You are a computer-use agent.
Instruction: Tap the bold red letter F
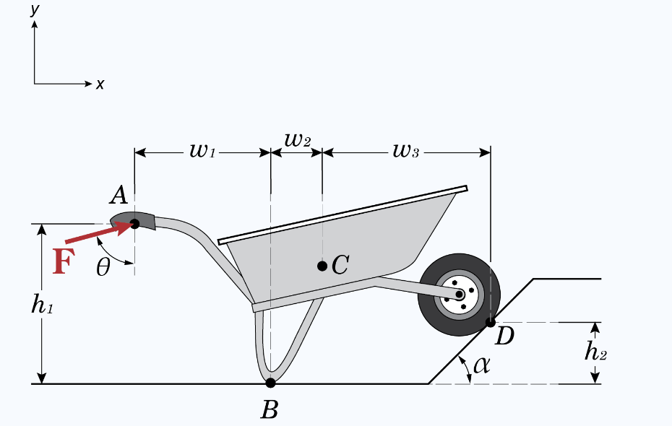pyautogui.click(x=63, y=262)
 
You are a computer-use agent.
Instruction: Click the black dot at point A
pyautogui.click(x=134, y=224)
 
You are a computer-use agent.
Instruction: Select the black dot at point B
pyautogui.click(x=270, y=383)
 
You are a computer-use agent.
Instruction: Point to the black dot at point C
pyautogui.click(x=322, y=266)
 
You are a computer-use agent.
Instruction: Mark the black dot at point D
pyautogui.click(x=491, y=322)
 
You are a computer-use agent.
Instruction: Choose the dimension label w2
pyautogui.click(x=297, y=140)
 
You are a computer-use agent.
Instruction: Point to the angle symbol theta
pyautogui.click(x=103, y=268)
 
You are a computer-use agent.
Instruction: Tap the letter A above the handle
pyautogui.click(x=119, y=194)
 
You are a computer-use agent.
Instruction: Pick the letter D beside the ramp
pyautogui.click(x=504, y=336)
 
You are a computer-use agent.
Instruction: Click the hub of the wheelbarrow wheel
pyautogui.click(x=460, y=295)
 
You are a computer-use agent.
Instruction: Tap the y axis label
pyautogui.click(x=33, y=9)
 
